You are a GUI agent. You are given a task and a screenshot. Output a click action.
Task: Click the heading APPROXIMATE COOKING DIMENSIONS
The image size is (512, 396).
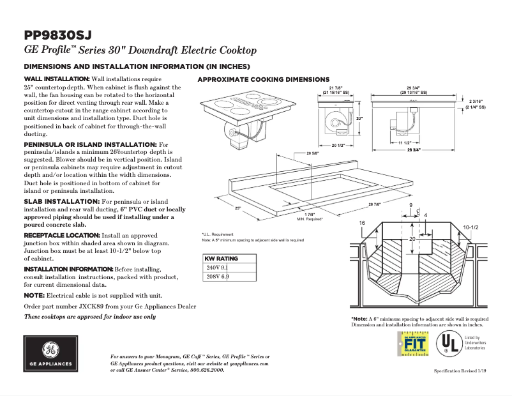pyautogui.click(x=263, y=79)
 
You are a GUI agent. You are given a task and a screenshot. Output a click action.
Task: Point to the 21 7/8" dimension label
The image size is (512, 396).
pyautogui.click(x=336, y=88)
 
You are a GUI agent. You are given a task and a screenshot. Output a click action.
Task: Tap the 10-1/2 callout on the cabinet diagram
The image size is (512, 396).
pyautogui.click(x=471, y=227)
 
